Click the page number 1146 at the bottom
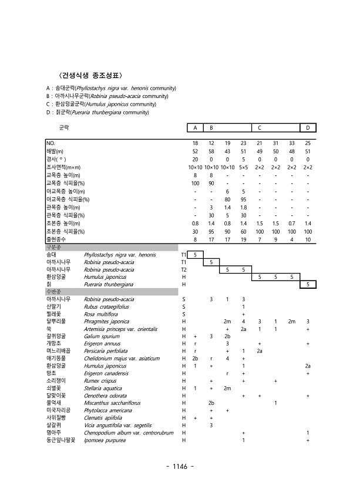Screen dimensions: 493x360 point(180,466)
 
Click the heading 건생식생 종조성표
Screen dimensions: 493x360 point(90,75)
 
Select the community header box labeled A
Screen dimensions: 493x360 point(195,127)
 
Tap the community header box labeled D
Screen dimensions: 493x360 point(308,127)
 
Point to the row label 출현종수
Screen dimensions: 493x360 point(58,239)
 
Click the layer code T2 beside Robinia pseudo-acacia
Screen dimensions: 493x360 point(184,269)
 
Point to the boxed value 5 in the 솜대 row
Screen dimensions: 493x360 point(195,255)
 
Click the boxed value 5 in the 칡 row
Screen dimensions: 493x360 point(308,284)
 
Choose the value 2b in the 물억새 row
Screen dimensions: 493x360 point(211,403)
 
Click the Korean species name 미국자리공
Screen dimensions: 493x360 point(59,410)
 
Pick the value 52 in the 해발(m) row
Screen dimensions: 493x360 point(195,151)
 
